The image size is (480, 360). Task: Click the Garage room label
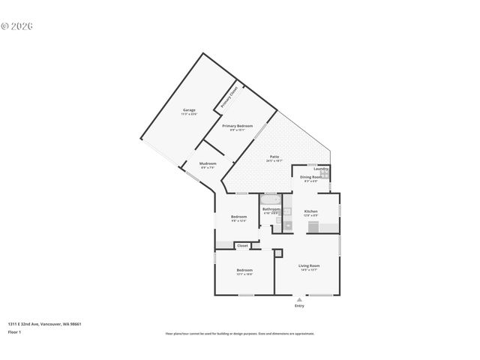tap(189, 110)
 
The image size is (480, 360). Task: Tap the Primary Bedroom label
tap(237, 126)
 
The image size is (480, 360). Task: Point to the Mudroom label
tap(208, 163)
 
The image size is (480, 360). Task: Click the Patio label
tap(274, 157)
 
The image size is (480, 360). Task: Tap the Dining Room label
tap(310, 177)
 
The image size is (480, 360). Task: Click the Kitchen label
tap(311, 211)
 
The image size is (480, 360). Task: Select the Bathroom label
tap(271, 209)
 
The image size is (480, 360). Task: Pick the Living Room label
tap(309, 265)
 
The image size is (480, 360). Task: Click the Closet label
tap(242, 245)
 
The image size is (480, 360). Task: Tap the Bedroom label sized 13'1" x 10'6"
tap(244, 270)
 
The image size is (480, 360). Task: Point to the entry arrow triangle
tap(299, 299)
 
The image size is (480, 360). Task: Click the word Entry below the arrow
tap(299, 306)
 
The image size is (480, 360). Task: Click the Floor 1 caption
tap(14, 331)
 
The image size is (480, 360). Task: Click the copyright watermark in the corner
tap(17, 25)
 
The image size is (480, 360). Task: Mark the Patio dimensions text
tap(274, 161)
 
